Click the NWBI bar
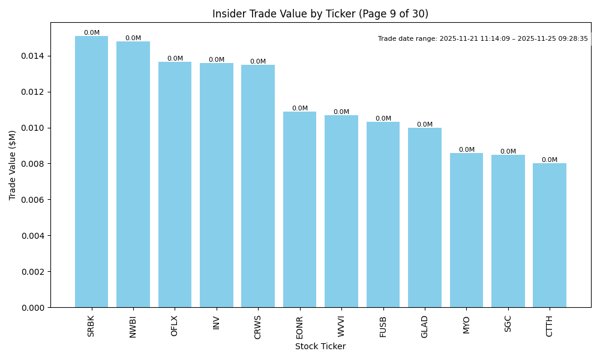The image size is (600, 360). [x=133, y=174]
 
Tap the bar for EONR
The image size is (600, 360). [x=299, y=209]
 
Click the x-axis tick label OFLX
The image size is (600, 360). [x=175, y=326]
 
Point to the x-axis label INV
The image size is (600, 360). [x=217, y=322]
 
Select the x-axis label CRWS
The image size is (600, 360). [x=258, y=327]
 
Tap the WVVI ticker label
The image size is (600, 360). [x=341, y=326]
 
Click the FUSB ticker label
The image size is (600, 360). [x=383, y=326]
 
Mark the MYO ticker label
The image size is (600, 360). [x=466, y=325]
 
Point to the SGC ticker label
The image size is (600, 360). [x=508, y=324]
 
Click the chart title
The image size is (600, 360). [x=320, y=14]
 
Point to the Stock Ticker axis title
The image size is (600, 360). [x=320, y=347]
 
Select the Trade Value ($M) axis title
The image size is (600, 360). [x=13, y=165]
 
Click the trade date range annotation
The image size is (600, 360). [x=483, y=39]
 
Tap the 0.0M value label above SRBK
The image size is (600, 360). [x=92, y=33]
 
